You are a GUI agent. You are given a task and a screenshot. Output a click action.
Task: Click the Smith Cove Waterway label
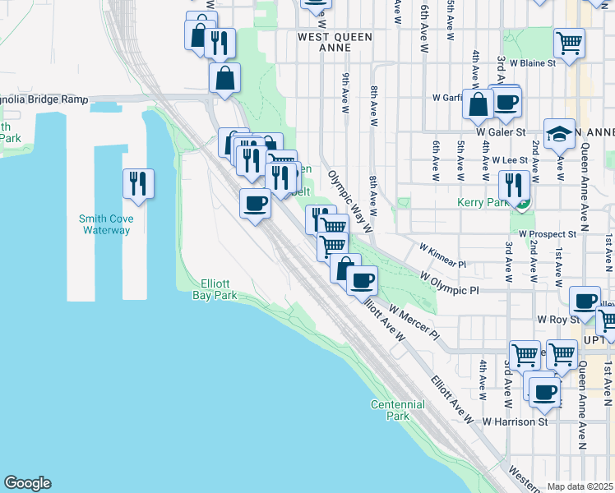105,224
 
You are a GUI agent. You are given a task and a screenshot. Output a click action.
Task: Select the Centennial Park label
398,410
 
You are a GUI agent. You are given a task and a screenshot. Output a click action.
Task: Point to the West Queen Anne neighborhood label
335,42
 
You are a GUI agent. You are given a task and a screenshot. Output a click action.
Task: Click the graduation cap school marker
560,134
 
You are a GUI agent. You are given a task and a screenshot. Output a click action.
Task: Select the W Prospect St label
548,234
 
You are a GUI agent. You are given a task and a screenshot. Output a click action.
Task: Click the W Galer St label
500,131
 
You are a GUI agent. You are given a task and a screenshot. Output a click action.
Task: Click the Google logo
27,483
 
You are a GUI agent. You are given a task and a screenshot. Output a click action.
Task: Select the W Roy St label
553,318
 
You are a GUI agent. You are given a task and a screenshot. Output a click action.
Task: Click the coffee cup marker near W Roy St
585,300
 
